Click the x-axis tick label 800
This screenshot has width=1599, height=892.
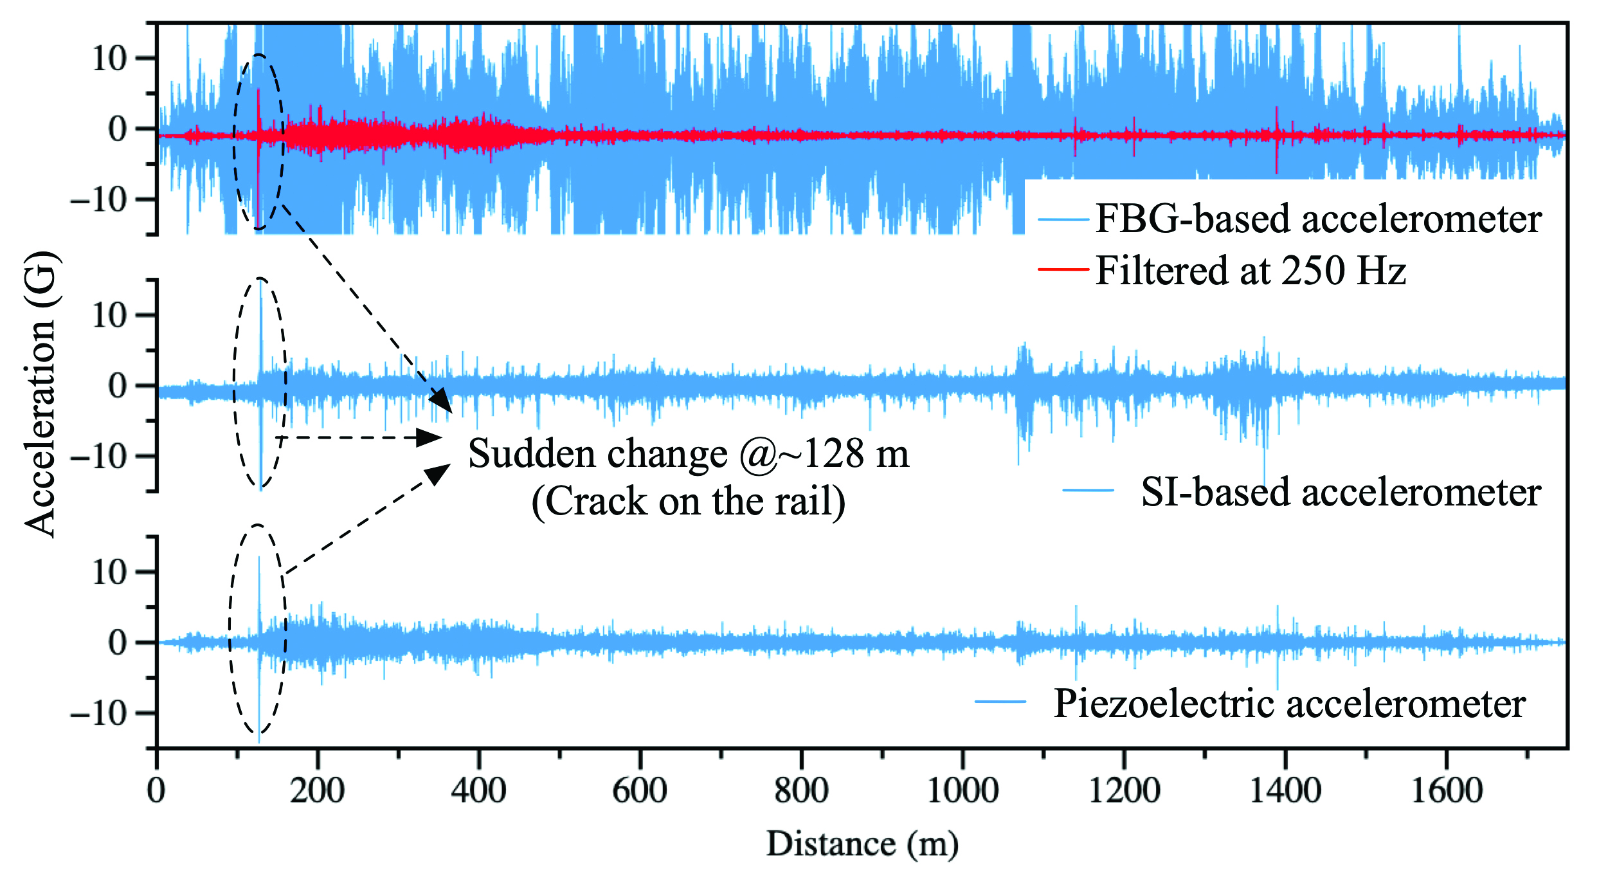[x=801, y=791]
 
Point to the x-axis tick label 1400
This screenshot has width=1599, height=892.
[x=1285, y=791]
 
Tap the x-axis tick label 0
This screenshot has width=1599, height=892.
[x=156, y=791]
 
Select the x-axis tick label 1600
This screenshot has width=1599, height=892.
[x=1447, y=791]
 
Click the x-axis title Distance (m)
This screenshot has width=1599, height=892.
[x=862, y=844]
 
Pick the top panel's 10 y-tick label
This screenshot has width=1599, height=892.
[x=109, y=59]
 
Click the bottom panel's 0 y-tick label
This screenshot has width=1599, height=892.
[x=118, y=642]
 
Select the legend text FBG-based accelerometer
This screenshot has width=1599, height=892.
[x=1318, y=219]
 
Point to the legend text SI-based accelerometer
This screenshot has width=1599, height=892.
[x=1341, y=493]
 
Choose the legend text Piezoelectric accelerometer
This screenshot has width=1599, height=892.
[x=1289, y=704]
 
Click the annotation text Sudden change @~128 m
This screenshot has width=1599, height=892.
[x=688, y=454]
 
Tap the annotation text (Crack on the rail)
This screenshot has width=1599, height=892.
[x=688, y=501]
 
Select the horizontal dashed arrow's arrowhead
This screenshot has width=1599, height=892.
[x=429, y=437]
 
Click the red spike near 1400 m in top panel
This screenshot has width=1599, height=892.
[x=1276, y=138]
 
